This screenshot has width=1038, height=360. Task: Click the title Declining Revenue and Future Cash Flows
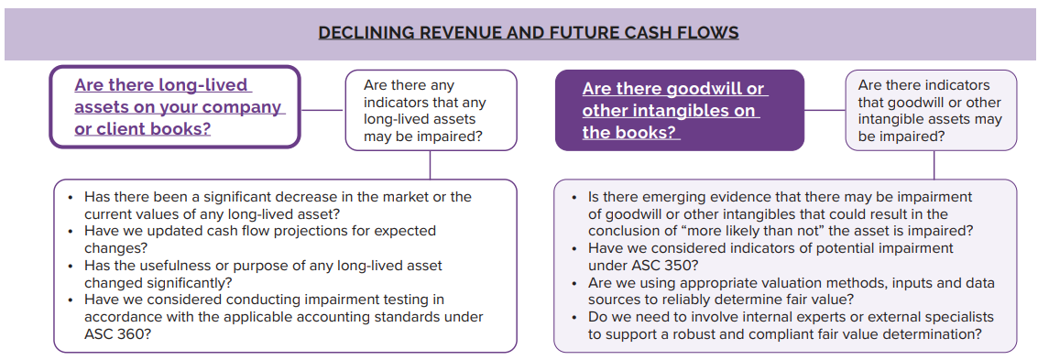(x=529, y=32)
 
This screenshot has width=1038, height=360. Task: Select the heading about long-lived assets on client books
(x=179, y=106)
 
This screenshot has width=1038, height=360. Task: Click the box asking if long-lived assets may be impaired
(x=431, y=111)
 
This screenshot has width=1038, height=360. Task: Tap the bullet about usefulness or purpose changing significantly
(x=255, y=274)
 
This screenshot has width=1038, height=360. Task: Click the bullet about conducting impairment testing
(x=276, y=317)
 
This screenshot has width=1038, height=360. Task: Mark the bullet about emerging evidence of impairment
(x=766, y=213)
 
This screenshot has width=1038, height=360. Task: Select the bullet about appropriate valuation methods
(x=783, y=291)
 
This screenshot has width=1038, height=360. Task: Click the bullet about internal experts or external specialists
(x=782, y=325)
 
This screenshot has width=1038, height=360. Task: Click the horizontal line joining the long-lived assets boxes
(x=323, y=110)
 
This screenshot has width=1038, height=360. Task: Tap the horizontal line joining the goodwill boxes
(x=825, y=110)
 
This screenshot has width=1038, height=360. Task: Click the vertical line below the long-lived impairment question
(x=431, y=165)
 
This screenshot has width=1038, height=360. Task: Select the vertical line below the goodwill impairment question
(x=934, y=165)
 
